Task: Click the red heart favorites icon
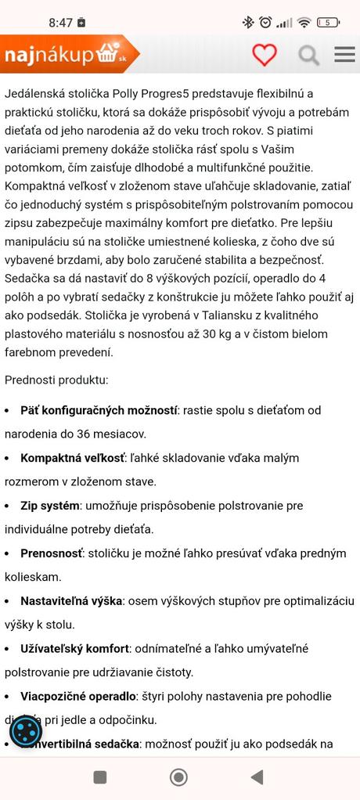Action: coord(265,54)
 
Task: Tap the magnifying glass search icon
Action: coord(309,55)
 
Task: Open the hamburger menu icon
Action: coord(344,54)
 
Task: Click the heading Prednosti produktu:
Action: coord(56,380)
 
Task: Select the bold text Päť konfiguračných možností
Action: coord(99,409)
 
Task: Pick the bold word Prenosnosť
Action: coord(51,553)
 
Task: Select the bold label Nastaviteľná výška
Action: coord(71,600)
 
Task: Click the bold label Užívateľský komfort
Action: coord(74,648)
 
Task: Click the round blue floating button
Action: coord(26,732)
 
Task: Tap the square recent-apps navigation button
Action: coord(100,777)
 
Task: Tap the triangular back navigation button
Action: coord(257,777)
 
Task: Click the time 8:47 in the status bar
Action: coord(60,23)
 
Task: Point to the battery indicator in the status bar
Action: coord(329,23)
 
